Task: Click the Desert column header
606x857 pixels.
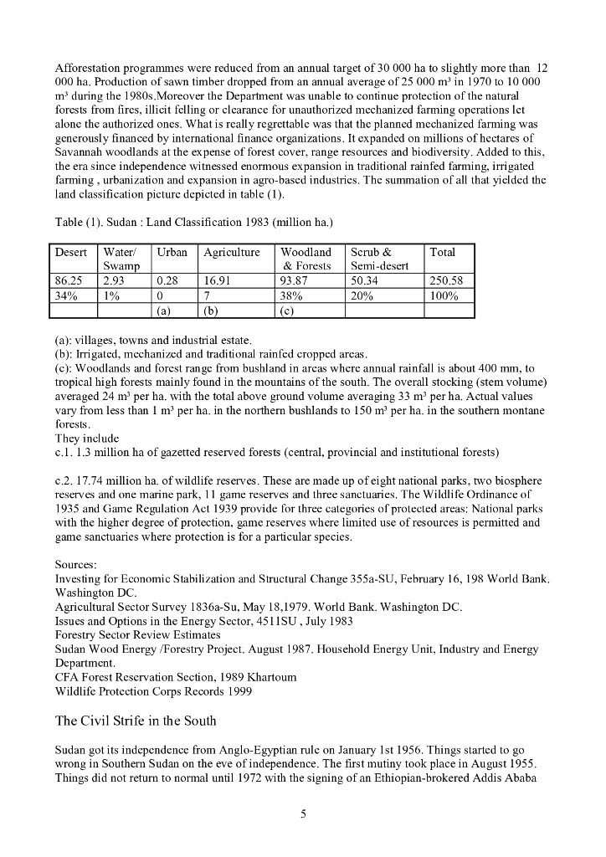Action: (71, 252)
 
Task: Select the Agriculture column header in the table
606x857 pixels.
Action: (231, 252)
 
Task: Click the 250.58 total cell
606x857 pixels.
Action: (447, 280)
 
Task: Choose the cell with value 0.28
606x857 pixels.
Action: (170, 280)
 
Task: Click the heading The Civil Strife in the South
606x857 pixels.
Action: (136, 721)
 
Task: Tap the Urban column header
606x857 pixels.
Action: (172, 252)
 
